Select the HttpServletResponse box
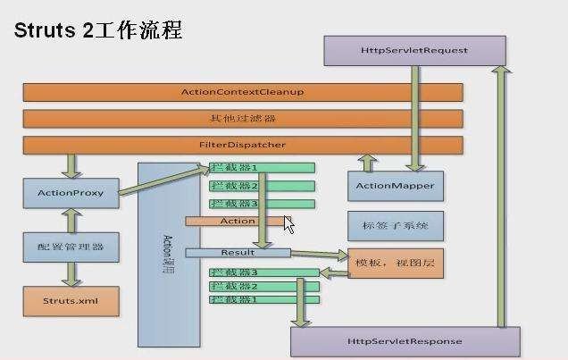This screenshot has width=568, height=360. point(404,342)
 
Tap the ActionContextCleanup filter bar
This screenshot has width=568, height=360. point(242,92)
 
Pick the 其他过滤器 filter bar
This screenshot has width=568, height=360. point(242,118)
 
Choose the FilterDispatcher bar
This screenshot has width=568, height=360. point(242,145)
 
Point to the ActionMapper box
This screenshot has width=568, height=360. point(394,187)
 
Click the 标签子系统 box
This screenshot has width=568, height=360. point(394,226)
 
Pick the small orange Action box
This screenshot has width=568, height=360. point(237,222)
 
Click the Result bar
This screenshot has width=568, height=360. point(238,253)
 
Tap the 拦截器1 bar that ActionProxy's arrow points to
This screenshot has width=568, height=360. point(262,168)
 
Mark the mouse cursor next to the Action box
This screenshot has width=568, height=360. point(289,225)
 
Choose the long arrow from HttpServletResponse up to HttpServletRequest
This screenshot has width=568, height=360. point(501,197)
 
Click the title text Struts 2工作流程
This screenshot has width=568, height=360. point(98,30)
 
